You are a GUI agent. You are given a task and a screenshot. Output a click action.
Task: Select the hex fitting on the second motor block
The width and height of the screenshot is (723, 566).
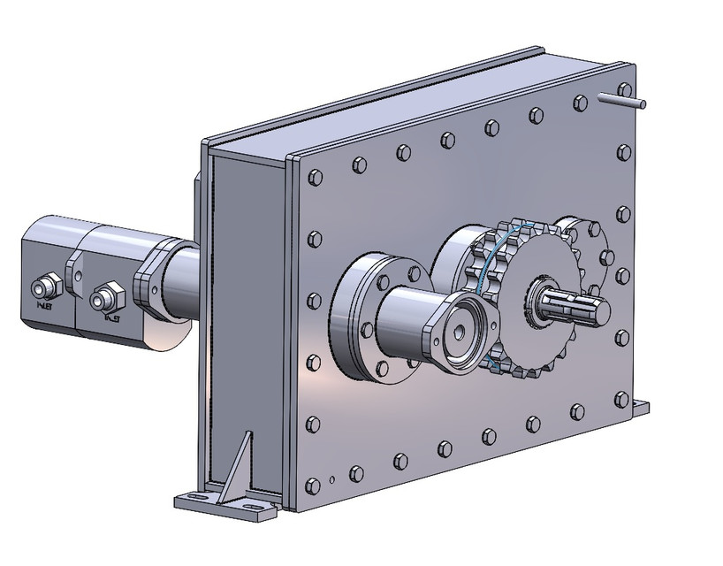coord(110,292)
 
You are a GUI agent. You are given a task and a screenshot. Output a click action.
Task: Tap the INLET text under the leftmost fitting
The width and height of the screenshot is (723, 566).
coord(42,306)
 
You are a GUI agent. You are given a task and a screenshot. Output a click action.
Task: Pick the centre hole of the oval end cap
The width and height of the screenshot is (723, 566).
coord(460,330)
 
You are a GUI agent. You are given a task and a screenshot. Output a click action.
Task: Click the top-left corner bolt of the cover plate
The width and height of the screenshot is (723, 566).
coord(316,178)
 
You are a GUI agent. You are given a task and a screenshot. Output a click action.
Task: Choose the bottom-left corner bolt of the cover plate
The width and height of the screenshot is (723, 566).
coord(311,485)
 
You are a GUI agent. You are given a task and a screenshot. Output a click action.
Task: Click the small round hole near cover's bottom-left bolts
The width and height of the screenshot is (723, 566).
coord(331,480)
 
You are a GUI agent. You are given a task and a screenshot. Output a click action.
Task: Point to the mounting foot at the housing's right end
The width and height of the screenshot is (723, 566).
coord(638,408)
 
